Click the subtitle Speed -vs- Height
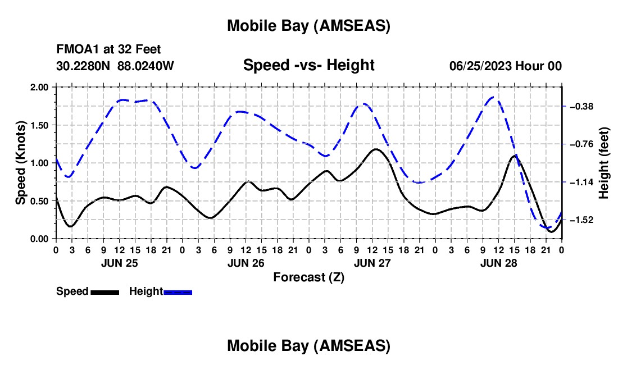pyautogui.click(x=308, y=65)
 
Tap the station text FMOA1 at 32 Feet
pyautogui.click(x=108, y=50)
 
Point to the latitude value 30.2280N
pyautogui.click(x=84, y=66)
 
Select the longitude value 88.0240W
pyautogui.click(x=146, y=66)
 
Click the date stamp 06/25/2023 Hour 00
pyautogui.click(x=505, y=66)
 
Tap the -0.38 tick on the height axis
pyautogui.click(x=582, y=106)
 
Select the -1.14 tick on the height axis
pyautogui.click(x=582, y=182)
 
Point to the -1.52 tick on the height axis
pyautogui.click(x=582, y=220)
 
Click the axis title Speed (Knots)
pyautogui.click(x=21, y=163)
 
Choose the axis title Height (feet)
pyautogui.click(x=605, y=163)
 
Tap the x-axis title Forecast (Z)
pyautogui.click(x=308, y=277)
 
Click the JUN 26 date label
pyautogui.click(x=246, y=263)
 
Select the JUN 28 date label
pyautogui.click(x=499, y=263)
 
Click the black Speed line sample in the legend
pyautogui.click(x=105, y=292)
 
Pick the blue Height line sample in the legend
pyautogui.click(x=178, y=292)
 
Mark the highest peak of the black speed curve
pyautogui.click(x=375, y=149)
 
